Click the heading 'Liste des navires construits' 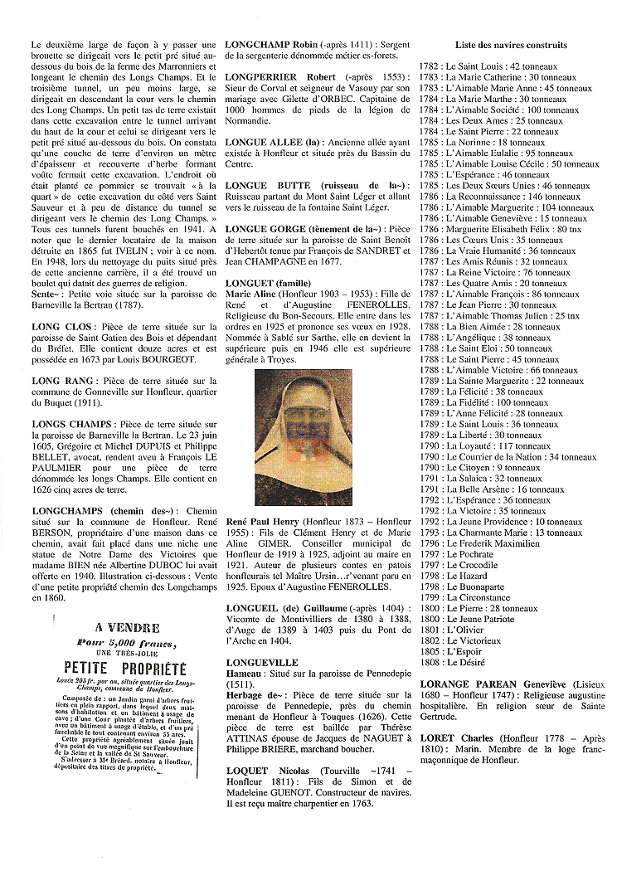click(511, 45)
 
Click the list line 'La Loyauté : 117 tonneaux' click(498, 445)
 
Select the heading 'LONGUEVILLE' click(261, 663)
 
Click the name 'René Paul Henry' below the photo click(262, 521)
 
